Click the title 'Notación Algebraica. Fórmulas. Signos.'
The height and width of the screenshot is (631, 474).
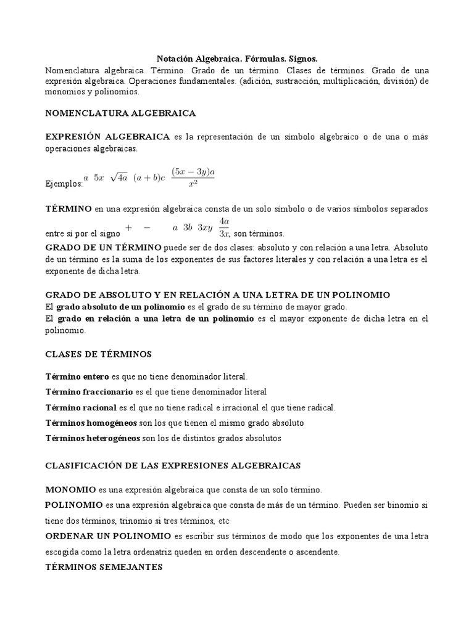click(237, 59)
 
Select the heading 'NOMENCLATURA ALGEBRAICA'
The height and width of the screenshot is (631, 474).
click(121, 113)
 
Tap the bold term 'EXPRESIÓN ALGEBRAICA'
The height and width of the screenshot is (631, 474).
click(108, 136)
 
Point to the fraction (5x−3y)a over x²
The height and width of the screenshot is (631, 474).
click(193, 178)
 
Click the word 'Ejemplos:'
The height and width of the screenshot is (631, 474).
click(64, 184)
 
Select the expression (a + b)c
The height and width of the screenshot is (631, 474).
click(149, 177)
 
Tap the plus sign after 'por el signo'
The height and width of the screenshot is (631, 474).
click(129, 227)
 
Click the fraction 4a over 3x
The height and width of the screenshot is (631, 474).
click(225, 227)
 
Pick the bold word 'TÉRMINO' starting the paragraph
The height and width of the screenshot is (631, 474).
click(69, 210)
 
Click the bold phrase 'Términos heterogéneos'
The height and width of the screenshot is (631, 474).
click(93, 438)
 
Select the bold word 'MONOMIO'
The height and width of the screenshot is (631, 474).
click(70, 490)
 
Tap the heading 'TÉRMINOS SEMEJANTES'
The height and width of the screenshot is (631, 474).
click(104, 567)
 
